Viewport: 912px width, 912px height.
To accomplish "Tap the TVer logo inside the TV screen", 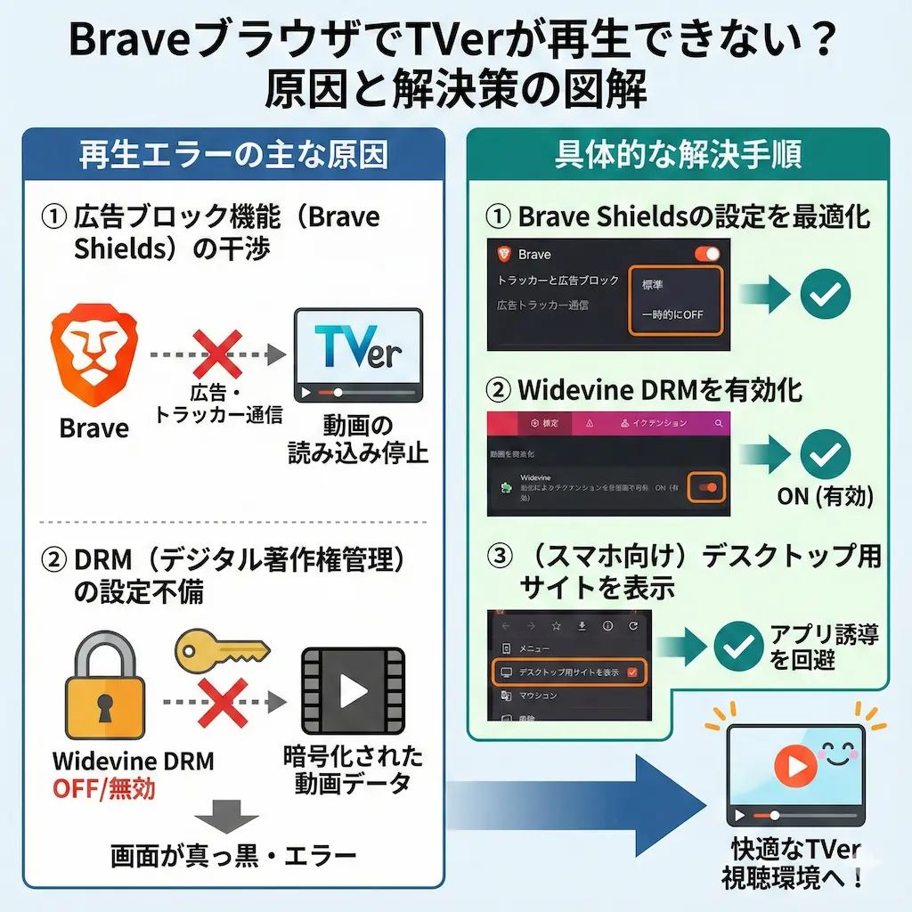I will (x=358, y=348).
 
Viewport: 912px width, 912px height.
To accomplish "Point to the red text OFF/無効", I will (x=105, y=789).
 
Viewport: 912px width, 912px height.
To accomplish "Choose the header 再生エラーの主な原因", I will (x=233, y=155).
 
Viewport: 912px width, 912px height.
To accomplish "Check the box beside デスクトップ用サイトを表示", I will (x=633, y=672).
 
